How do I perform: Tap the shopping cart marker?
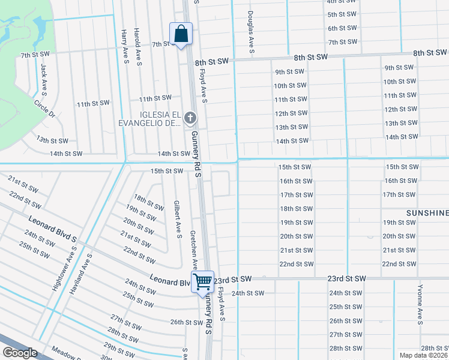coord(202,281)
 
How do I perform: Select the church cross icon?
coord(191,118)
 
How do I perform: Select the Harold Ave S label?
coord(139,47)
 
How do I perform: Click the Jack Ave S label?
coord(44,79)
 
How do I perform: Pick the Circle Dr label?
coord(44,109)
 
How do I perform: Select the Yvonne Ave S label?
coord(420,304)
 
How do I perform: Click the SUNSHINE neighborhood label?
coord(427,213)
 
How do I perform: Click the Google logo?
coord(20,353)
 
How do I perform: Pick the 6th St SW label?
coord(343,28)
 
